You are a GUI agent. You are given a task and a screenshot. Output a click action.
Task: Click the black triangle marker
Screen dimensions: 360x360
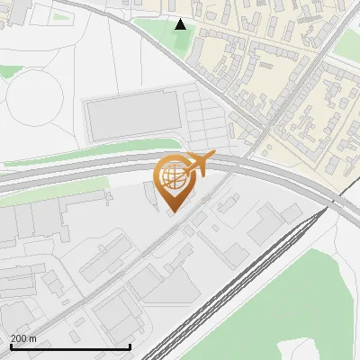[180, 24]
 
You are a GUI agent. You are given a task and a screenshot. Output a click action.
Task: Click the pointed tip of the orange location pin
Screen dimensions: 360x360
[172, 211]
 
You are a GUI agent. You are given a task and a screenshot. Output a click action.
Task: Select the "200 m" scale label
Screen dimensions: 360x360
[23, 338]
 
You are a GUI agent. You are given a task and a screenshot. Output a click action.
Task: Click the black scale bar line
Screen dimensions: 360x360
[70, 346]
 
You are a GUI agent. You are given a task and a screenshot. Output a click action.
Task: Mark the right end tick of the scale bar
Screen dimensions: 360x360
[130, 346]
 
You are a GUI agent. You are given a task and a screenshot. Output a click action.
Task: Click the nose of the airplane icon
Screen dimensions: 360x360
[212, 158]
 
